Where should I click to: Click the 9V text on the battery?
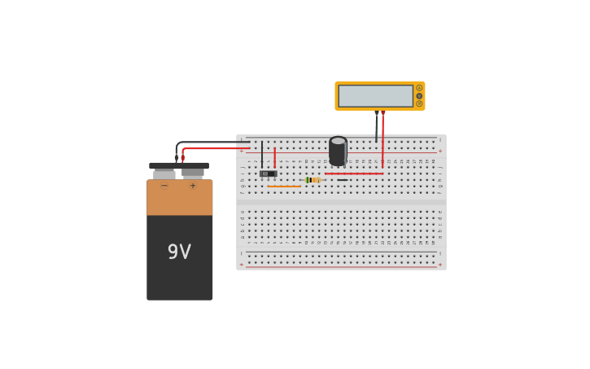tap(179, 252)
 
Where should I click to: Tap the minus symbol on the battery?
tap(164, 186)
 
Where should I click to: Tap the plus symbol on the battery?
tap(193, 186)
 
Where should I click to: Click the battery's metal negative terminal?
tap(164, 174)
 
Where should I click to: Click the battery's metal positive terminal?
tap(193, 174)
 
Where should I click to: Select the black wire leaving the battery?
tap(212, 143)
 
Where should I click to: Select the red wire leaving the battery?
tap(216, 148)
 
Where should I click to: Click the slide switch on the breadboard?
tap(268, 174)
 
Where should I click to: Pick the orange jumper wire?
tap(284, 187)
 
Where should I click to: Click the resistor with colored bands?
tap(312, 180)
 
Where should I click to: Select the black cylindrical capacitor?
tap(338, 151)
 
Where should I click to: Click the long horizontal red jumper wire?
tap(354, 174)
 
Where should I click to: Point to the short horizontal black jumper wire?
tap(342, 180)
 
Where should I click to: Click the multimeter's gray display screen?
tap(375, 95)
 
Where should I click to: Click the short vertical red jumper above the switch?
tap(274, 157)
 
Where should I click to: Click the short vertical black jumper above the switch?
tap(262, 155)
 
